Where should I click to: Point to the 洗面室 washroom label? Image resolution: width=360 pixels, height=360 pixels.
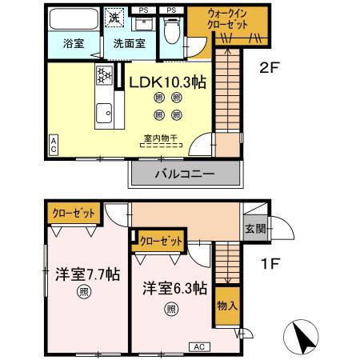pos(128,44)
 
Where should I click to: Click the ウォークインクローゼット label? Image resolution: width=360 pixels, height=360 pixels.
pos(228,19)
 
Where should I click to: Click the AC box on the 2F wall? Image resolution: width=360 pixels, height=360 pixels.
pos(53,144)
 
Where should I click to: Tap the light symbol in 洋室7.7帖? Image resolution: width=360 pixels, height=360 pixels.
pos(84,292)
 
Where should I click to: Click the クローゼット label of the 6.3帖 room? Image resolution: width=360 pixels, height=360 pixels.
pos(159,239)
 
